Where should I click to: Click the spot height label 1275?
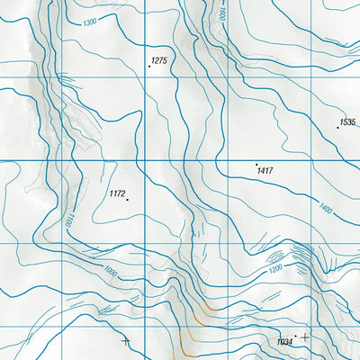[x=160, y=60]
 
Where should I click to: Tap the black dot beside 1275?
[x=149, y=67]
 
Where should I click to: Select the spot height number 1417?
[x=265, y=170]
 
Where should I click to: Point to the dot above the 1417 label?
[x=256, y=164]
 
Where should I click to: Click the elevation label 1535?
[x=347, y=121]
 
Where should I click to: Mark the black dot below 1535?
[x=337, y=127]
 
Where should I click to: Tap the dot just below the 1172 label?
[x=127, y=199]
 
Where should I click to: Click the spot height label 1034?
[x=285, y=342]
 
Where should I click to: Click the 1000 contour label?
[x=110, y=270]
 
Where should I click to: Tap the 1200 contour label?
[x=275, y=269]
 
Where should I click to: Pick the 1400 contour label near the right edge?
[x=326, y=209]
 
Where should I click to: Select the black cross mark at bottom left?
[x=124, y=341]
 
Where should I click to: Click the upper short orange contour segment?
[x=209, y=310]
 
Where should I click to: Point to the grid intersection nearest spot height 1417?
[x=222, y=161]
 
